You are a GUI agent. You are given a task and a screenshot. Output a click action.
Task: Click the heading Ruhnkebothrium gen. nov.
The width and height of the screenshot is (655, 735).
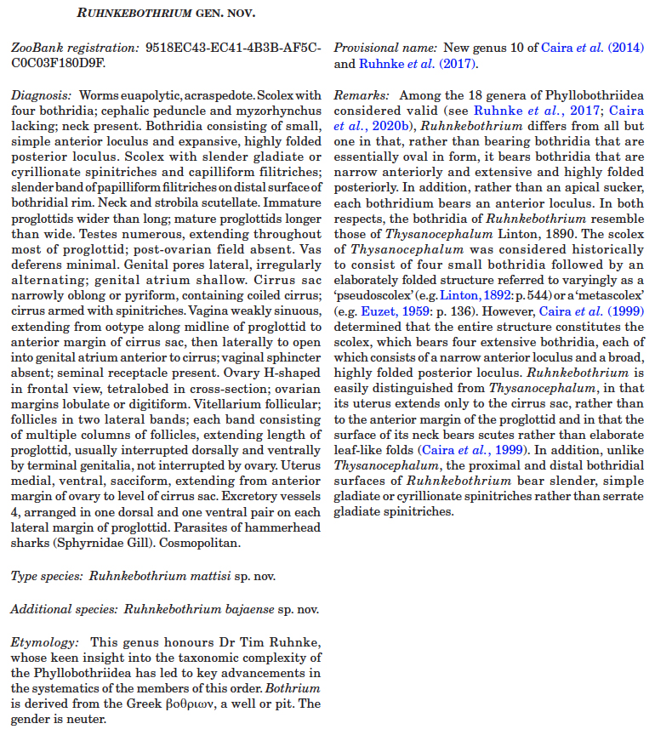click(165, 13)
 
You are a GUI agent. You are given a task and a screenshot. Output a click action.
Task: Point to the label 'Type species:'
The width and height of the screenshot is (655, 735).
click(47, 576)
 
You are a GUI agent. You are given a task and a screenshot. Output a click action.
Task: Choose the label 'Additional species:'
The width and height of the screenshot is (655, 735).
click(64, 608)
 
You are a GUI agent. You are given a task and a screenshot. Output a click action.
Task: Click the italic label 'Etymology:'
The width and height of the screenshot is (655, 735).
click(43, 640)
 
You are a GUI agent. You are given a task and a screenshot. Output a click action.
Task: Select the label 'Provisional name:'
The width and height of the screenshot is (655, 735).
click(385, 48)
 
